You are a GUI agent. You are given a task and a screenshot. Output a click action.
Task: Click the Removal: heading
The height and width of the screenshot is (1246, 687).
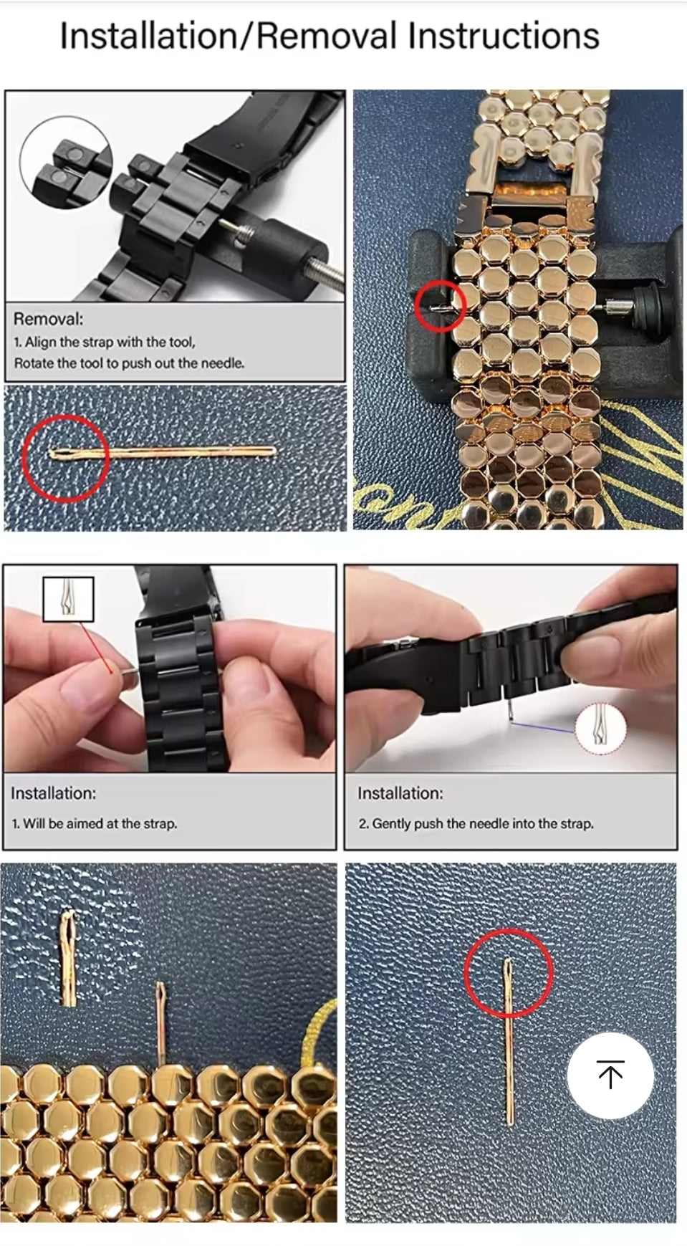49,319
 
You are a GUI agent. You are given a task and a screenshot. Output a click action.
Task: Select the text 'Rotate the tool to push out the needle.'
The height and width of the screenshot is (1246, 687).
129,363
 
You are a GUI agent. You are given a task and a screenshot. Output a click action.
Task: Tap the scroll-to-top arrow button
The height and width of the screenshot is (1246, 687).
610,1075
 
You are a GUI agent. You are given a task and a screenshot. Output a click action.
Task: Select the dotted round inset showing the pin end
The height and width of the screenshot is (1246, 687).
600,728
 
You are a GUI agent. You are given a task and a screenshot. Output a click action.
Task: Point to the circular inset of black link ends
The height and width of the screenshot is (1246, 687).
67,164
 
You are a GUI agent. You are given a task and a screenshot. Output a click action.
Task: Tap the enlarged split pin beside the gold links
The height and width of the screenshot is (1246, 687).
69,957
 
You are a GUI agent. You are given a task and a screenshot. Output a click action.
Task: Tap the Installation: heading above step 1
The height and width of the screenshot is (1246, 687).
53,793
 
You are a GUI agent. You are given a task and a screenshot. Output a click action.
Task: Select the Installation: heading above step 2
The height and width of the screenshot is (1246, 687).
400,793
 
